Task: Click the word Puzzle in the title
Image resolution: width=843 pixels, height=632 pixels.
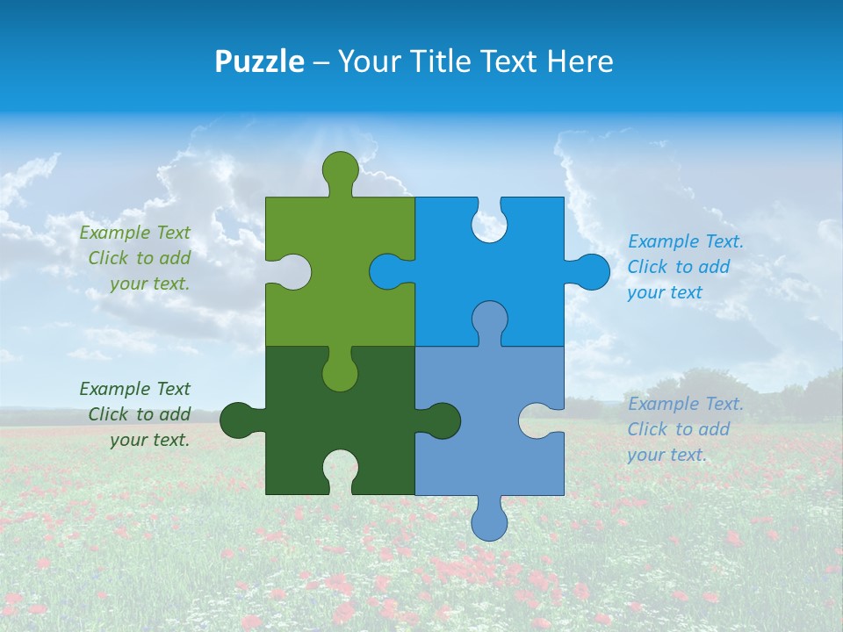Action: click(259, 61)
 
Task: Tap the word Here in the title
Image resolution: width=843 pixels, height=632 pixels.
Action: click(580, 61)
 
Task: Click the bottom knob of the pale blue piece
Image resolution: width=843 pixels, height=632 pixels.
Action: click(489, 520)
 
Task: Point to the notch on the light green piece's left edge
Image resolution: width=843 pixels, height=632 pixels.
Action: click(291, 271)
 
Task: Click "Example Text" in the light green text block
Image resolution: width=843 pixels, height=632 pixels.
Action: click(135, 233)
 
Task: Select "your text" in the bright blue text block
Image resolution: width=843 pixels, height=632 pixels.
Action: click(665, 292)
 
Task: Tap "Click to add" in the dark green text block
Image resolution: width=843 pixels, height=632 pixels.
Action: click(139, 414)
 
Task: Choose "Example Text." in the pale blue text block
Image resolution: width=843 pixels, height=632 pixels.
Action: click(686, 404)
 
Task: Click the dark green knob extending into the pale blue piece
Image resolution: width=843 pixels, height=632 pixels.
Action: click(439, 420)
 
